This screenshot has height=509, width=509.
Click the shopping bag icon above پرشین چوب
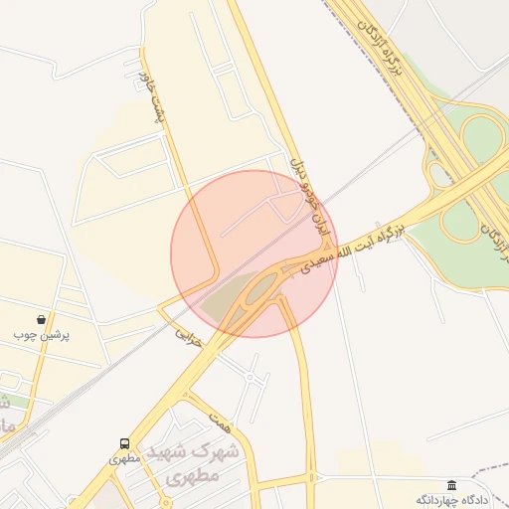[40, 320]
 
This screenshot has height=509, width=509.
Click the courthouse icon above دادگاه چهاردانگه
[452, 484]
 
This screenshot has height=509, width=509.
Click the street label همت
[221, 420]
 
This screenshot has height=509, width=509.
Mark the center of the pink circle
[254, 254]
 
